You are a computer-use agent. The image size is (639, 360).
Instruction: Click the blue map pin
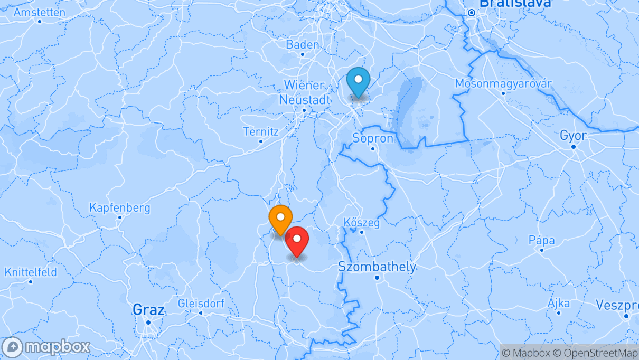click(359, 82)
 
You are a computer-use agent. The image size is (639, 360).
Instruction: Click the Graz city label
click(148, 310)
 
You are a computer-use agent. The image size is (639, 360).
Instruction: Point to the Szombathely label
click(377, 267)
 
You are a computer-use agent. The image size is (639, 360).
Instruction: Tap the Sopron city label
click(373, 139)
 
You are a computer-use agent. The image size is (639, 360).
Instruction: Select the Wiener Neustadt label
click(305, 92)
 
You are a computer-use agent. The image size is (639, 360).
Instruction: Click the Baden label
click(303, 45)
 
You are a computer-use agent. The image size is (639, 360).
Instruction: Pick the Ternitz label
click(260, 131)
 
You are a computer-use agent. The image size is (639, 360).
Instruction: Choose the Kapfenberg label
click(119, 208)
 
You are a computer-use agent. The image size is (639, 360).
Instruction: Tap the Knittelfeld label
click(31, 273)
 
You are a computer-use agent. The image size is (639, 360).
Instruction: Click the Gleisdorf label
click(201, 304)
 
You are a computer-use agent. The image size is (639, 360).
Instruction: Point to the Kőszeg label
click(362, 223)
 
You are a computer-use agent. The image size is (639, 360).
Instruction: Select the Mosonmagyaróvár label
click(503, 84)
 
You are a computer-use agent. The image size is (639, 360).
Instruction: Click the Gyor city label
click(573, 136)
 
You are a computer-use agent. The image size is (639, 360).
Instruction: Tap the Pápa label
click(542, 241)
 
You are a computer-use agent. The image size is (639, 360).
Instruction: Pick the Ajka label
click(559, 304)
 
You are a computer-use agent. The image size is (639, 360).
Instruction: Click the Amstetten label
click(40, 13)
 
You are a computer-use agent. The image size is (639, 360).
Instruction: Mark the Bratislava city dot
click(471, 13)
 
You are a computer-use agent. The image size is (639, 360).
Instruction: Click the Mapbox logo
click(46, 347)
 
